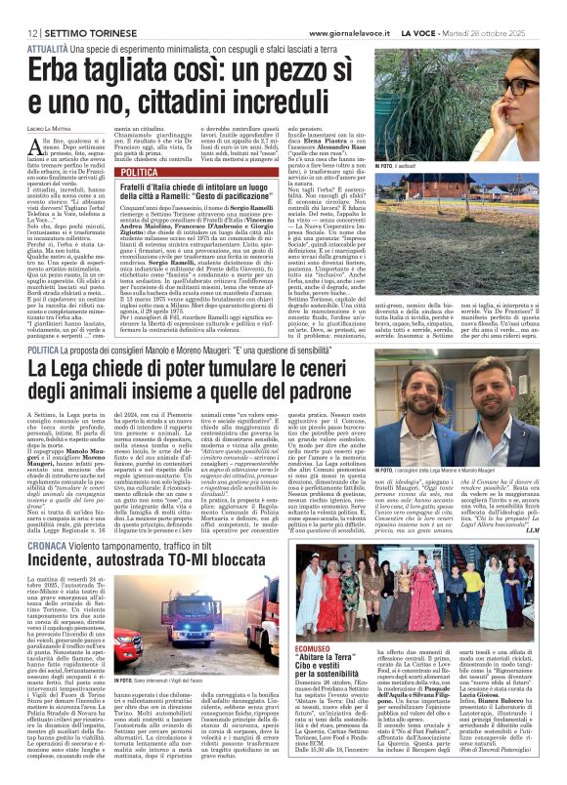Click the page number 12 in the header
pyautogui.click(x=20, y=7)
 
